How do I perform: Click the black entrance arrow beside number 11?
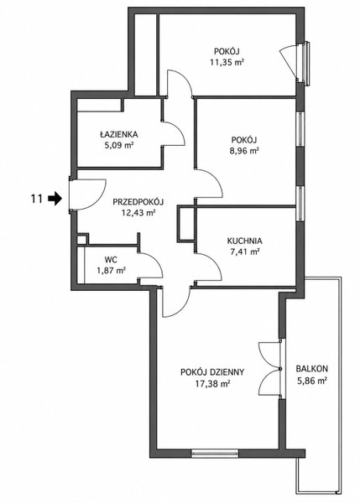55,198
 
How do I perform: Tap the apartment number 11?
37,199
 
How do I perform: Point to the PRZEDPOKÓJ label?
138,202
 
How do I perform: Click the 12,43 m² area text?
138,212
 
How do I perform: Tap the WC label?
111,259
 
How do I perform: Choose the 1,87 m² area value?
111,271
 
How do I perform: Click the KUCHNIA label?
245,241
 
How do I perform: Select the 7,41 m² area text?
245,251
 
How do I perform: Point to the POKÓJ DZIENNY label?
212,372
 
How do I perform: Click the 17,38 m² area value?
212,383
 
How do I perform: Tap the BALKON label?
312,369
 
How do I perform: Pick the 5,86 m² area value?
312,381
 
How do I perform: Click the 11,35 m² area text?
227,62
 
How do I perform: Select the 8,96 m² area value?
245,151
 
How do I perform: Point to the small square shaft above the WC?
82,240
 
